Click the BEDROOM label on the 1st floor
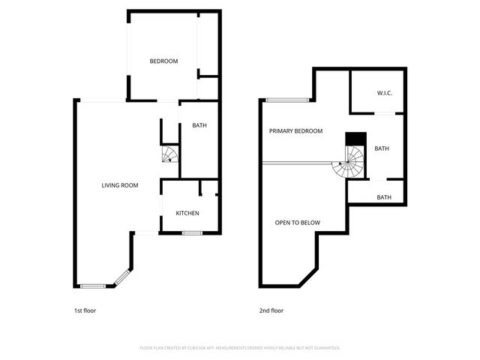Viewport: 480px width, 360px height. click(163, 61)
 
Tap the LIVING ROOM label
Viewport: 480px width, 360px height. click(120, 185)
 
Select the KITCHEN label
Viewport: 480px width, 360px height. click(187, 214)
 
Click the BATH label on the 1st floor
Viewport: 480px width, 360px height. click(199, 125)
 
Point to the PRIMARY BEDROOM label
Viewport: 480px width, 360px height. click(295, 131)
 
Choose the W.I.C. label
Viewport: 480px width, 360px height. click(385, 93)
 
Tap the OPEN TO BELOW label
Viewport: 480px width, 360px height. click(298, 223)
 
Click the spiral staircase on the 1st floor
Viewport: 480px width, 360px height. click(170, 155)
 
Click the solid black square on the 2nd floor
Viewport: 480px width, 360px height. click(355, 139)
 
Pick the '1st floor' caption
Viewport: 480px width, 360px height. click(85, 310)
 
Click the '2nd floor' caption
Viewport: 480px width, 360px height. click(271, 310)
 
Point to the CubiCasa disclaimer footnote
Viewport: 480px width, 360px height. click(240, 348)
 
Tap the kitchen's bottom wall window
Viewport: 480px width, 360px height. click(192, 233)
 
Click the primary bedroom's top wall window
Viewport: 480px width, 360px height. click(287, 99)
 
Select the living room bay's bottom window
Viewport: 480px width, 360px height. click(93, 286)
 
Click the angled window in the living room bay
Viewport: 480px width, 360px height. click(122, 278)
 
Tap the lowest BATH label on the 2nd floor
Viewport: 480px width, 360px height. click(384, 198)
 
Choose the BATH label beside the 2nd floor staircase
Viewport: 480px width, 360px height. click(382, 148)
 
